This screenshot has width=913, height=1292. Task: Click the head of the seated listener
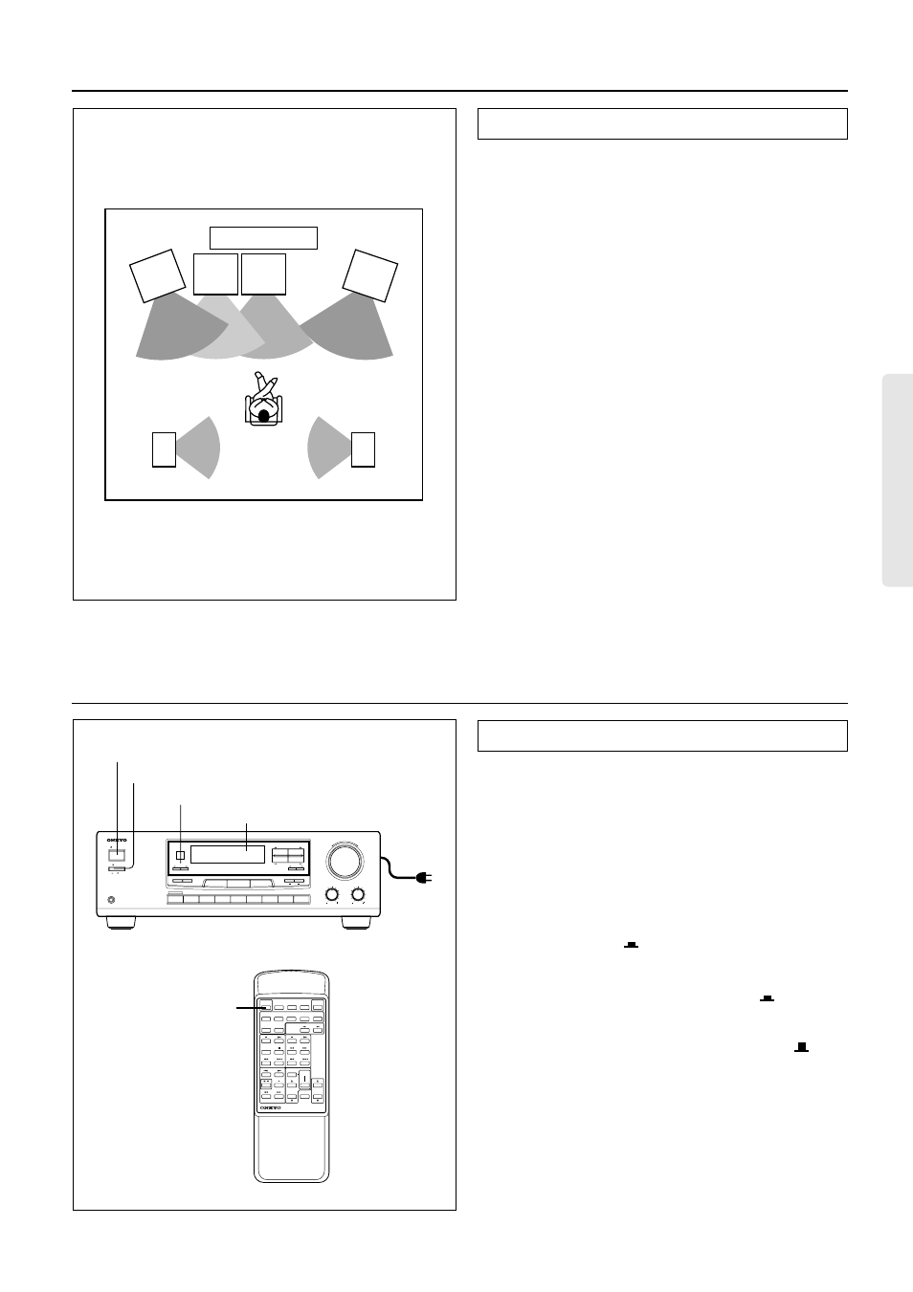(264, 415)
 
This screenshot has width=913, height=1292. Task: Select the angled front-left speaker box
(158, 275)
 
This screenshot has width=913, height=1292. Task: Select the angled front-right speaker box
(369, 275)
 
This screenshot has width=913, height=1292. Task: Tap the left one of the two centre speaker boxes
(215, 274)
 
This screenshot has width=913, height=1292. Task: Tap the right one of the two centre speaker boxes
(263, 274)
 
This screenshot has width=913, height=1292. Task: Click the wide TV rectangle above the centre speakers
(263, 238)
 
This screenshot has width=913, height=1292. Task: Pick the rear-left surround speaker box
(164, 449)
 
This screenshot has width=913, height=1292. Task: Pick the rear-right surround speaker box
(363, 449)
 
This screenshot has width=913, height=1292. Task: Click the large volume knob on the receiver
(345, 861)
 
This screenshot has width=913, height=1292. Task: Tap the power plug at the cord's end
(424, 877)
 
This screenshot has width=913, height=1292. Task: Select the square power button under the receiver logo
(117, 857)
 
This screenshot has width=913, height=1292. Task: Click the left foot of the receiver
(121, 924)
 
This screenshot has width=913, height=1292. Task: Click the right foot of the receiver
(355, 924)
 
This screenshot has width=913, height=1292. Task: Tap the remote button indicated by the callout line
(264, 1007)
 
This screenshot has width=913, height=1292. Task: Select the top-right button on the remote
(318, 1007)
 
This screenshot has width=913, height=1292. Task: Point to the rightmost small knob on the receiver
(358, 895)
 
